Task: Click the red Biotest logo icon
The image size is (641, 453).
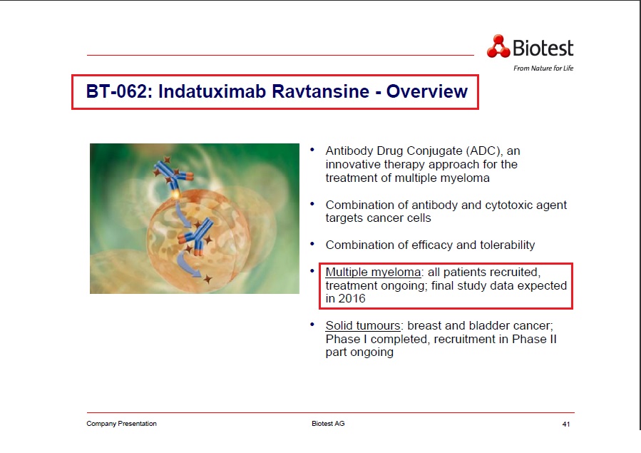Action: point(498,46)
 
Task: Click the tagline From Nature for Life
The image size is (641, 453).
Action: point(543,68)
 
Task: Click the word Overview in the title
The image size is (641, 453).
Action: point(427,92)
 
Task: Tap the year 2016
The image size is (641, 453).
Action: point(352,299)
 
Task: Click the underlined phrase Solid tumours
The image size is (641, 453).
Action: point(363,325)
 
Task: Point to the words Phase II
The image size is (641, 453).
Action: point(534,339)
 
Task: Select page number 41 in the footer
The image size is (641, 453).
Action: point(566,424)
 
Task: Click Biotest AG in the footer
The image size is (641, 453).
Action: point(329,424)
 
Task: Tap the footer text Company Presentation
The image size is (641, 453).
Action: point(122,424)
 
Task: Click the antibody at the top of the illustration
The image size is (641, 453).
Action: point(170,173)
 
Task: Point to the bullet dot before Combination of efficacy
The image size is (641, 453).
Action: point(312,244)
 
